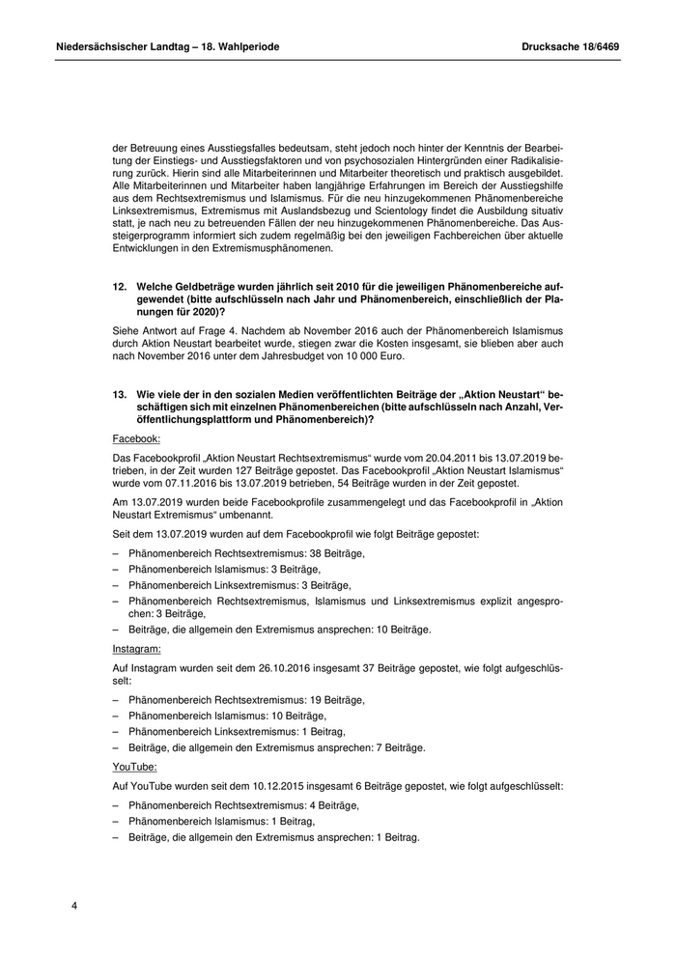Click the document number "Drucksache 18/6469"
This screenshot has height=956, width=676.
coord(571,45)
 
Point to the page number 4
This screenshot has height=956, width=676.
coord(74,906)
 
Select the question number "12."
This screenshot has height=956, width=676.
coord(120,288)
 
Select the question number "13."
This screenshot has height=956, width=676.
coord(120,397)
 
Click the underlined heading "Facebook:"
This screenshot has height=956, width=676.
coord(137,437)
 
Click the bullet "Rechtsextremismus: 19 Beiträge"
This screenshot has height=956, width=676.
coord(246,698)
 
